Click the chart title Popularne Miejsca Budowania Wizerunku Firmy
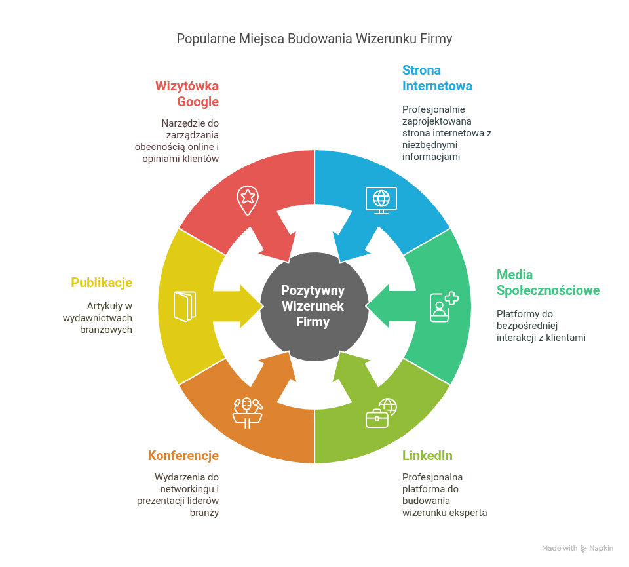point(314,39)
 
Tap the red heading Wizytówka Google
point(187,94)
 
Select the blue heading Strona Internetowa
point(437,78)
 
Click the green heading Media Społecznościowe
point(548,283)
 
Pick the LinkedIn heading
point(427,456)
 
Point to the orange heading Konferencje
point(183,456)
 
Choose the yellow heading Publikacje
point(102,283)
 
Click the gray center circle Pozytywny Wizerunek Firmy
point(313,306)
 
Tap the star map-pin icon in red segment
point(248,199)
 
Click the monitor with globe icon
point(381,200)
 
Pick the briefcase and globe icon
point(381,413)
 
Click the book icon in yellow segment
point(184,306)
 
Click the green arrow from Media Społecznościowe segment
point(390,306)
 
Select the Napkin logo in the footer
point(596,548)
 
